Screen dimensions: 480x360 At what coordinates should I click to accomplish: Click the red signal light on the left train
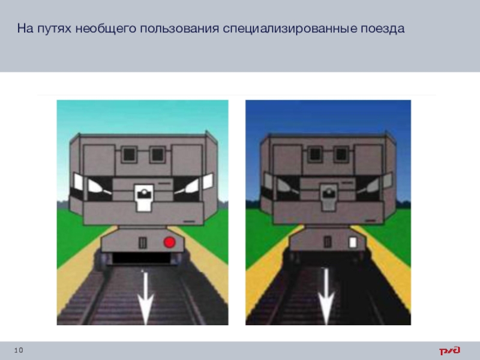click(169, 242)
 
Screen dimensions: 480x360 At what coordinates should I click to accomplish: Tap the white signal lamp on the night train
click(353, 242)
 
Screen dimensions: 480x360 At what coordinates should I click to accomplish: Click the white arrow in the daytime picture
click(145, 297)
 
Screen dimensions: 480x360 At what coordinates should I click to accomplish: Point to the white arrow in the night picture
click(326, 296)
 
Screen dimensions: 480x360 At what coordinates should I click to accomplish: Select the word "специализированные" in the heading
click(290, 29)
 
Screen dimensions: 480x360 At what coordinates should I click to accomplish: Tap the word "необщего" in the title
click(106, 29)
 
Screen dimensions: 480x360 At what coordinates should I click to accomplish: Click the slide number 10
click(19, 350)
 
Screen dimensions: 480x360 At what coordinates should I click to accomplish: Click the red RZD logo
click(449, 350)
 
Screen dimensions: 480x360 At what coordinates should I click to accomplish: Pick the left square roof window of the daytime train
click(129, 154)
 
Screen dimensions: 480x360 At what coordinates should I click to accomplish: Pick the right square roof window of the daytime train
click(158, 154)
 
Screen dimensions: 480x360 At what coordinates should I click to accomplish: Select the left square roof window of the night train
click(314, 154)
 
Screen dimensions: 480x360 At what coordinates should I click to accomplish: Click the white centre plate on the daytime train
click(144, 198)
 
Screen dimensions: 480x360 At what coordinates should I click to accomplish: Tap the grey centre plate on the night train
click(328, 197)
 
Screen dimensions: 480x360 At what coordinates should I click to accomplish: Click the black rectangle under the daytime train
click(142, 258)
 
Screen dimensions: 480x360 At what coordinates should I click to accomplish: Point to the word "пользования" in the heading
click(179, 29)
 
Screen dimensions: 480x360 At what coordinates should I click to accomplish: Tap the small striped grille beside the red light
click(143, 243)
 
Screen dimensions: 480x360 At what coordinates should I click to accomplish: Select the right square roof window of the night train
click(341, 154)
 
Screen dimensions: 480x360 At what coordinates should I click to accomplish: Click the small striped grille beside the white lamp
click(328, 242)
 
